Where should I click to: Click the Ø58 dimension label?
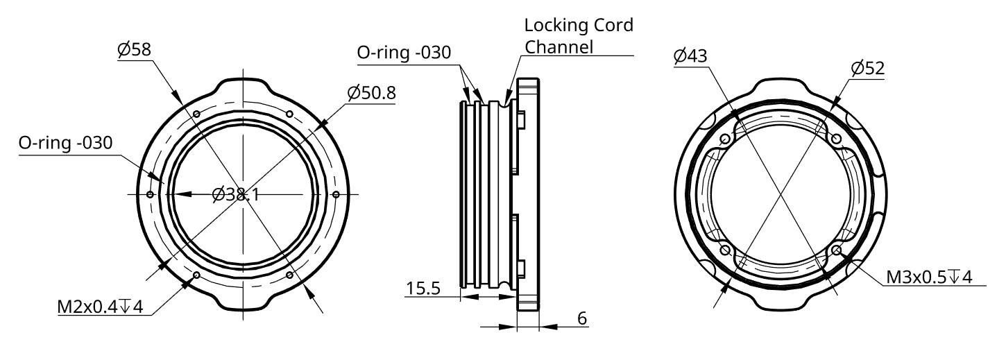[135, 49]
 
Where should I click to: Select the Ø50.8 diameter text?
[371, 92]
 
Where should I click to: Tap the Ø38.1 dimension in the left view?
[237, 195]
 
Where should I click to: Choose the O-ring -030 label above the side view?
[404, 53]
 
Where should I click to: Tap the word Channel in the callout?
[559, 47]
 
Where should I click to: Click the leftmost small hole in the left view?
[150, 195]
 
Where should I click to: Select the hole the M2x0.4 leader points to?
[197, 275]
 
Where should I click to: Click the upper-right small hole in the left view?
[290, 114]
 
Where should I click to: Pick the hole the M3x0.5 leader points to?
[837, 250]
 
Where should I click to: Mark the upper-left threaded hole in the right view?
[726, 139]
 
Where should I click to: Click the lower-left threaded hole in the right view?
[726, 250]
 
